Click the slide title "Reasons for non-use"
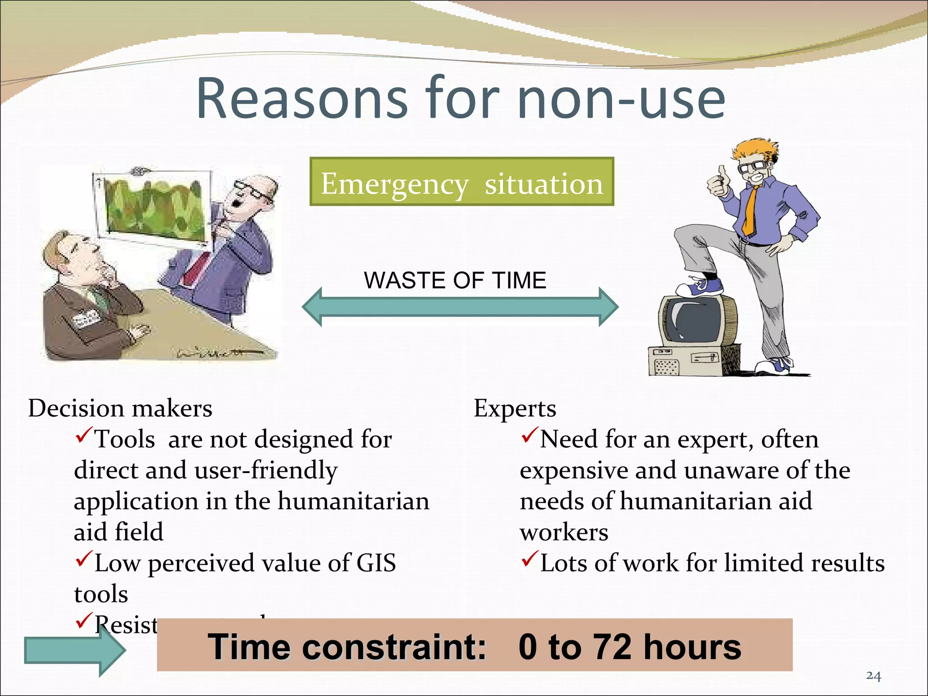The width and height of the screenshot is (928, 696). [460, 99]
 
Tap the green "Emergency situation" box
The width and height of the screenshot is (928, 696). [462, 182]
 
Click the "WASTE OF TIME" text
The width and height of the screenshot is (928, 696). [455, 280]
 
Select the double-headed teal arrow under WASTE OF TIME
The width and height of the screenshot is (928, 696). [460, 307]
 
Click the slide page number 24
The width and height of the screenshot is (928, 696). [873, 676]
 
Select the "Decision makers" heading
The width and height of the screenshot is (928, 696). [120, 408]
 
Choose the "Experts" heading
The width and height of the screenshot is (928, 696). [515, 408]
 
